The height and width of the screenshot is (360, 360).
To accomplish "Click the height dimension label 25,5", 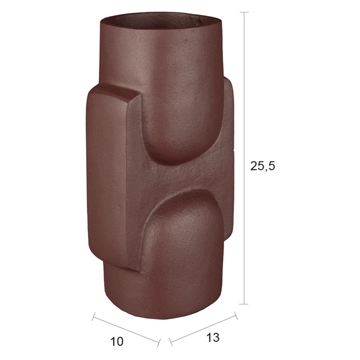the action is coord(262,166).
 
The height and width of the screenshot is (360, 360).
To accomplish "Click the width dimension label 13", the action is coord(213,338).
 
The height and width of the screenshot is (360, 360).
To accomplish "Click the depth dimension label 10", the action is coord(117,342).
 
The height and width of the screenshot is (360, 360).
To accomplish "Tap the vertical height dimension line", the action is coord(246,158).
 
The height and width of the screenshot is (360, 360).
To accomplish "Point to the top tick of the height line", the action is coord(246,12).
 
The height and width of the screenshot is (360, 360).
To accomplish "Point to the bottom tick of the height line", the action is coord(246,304).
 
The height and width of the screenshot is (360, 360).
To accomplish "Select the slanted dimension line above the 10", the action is coord(126,329).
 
